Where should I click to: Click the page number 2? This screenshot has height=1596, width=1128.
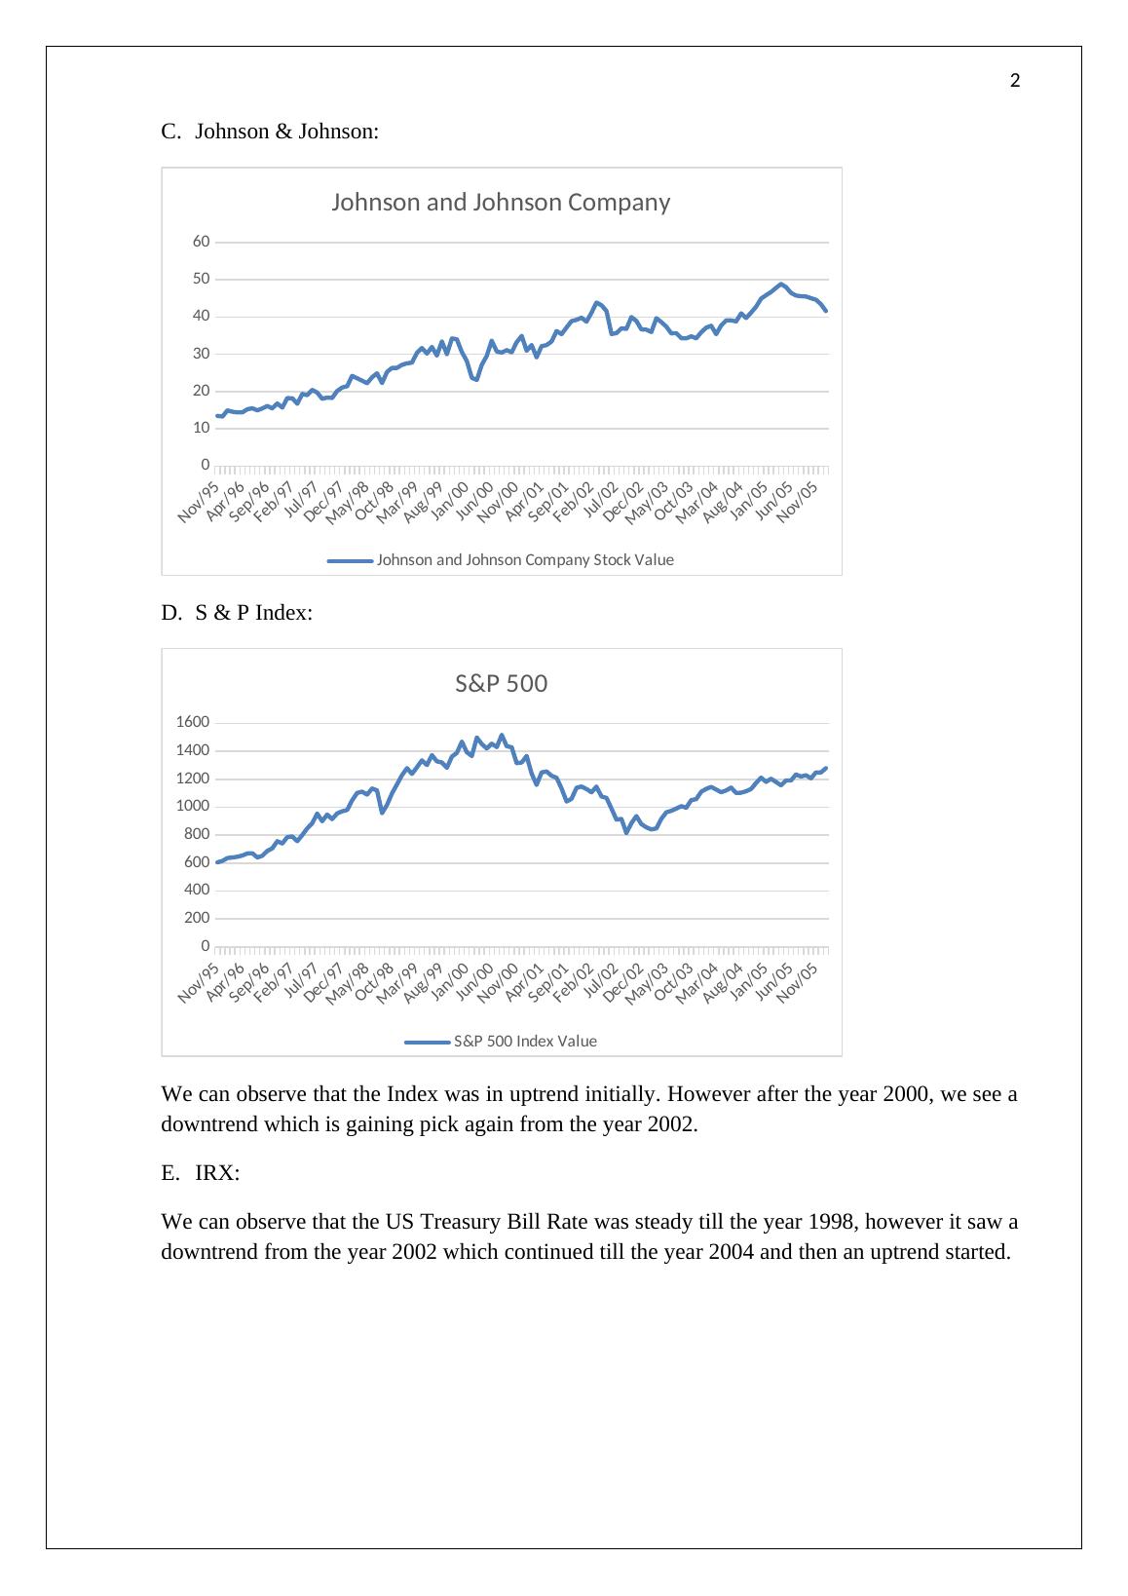tap(1015, 81)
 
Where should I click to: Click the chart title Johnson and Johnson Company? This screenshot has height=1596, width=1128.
tap(501, 203)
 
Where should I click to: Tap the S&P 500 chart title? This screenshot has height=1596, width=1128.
tap(501, 684)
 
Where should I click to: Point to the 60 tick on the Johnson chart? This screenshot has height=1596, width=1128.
tap(201, 242)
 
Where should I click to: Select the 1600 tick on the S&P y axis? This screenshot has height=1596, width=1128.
tap(193, 722)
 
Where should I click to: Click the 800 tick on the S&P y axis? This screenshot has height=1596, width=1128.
tap(197, 834)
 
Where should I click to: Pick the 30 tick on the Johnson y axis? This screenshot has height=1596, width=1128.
tap(201, 354)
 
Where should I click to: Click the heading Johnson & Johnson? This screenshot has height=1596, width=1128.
tap(287, 132)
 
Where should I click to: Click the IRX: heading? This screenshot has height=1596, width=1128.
tap(217, 1173)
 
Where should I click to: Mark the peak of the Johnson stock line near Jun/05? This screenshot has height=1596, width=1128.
tap(781, 284)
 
